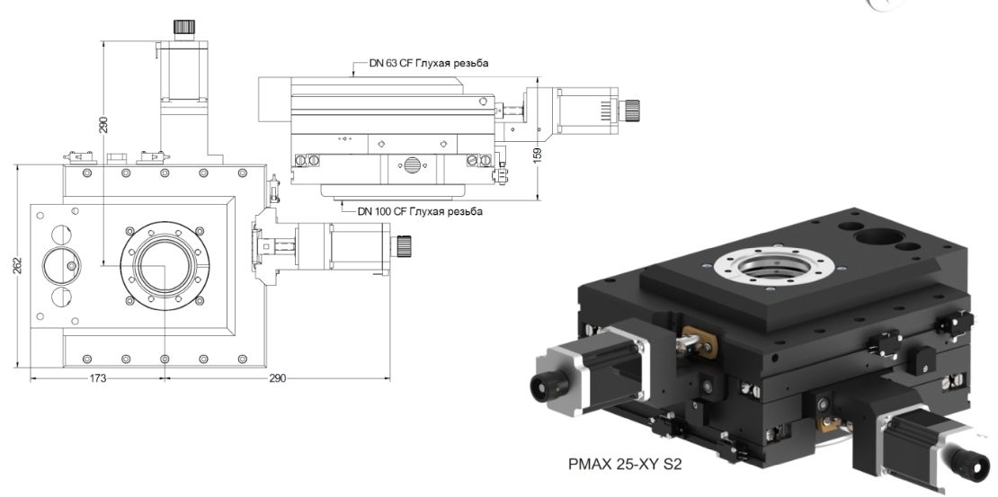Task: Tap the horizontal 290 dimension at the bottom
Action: [277, 379]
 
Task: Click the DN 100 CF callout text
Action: [419, 212]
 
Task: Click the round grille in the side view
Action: [412, 165]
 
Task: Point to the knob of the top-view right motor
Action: [405, 244]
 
